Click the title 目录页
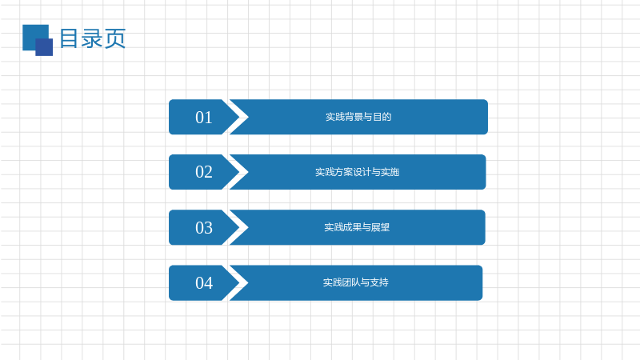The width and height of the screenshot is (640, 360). pyautogui.click(x=93, y=38)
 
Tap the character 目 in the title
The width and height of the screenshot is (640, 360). pyautogui.click(x=69, y=38)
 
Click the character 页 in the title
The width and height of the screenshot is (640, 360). pyautogui.click(x=115, y=38)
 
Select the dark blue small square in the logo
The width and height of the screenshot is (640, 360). pyautogui.click(x=44, y=47)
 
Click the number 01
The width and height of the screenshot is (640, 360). pyautogui.click(x=204, y=118)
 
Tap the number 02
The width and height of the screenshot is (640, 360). pyautogui.click(x=204, y=172)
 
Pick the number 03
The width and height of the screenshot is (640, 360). pyautogui.click(x=204, y=228)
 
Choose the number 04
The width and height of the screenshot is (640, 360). pyautogui.click(x=204, y=283)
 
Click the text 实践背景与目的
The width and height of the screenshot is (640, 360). pyautogui.click(x=358, y=117)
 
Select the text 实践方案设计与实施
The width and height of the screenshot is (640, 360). pyautogui.click(x=357, y=172)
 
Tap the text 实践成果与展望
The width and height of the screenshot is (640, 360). pyautogui.click(x=357, y=227)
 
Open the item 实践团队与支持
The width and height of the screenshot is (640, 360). pyautogui.click(x=355, y=282)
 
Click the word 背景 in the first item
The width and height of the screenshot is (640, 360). pyautogui.click(x=354, y=117)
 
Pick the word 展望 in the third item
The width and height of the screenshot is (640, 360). pyautogui.click(x=381, y=227)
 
